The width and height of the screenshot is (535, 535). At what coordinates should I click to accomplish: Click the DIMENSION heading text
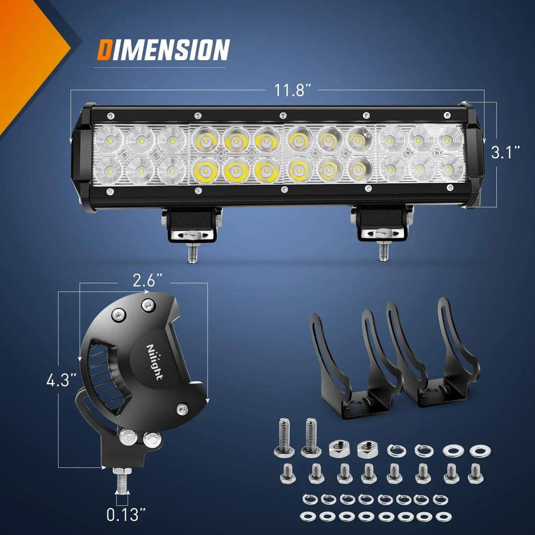tap(163, 50)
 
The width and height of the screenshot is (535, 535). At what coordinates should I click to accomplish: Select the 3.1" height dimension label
tap(505, 153)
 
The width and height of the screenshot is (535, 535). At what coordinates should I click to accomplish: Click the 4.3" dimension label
tap(61, 380)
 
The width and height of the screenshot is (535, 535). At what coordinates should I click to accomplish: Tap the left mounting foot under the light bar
tap(192, 225)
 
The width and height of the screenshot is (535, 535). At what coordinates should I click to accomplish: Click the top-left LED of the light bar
tap(109, 138)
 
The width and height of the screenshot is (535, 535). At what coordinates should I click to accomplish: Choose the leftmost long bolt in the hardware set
tap(283, 438)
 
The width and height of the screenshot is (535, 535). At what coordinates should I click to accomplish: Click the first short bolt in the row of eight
tap(287, 473)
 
